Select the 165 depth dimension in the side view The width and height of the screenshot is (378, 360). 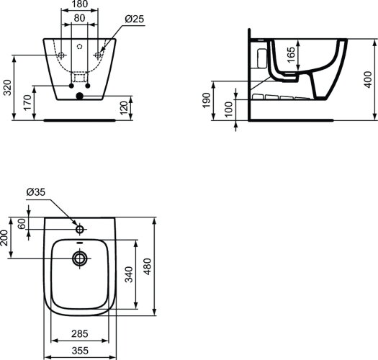click(x=290, y=53)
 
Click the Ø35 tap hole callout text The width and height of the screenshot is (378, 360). click(x=37, y=192)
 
